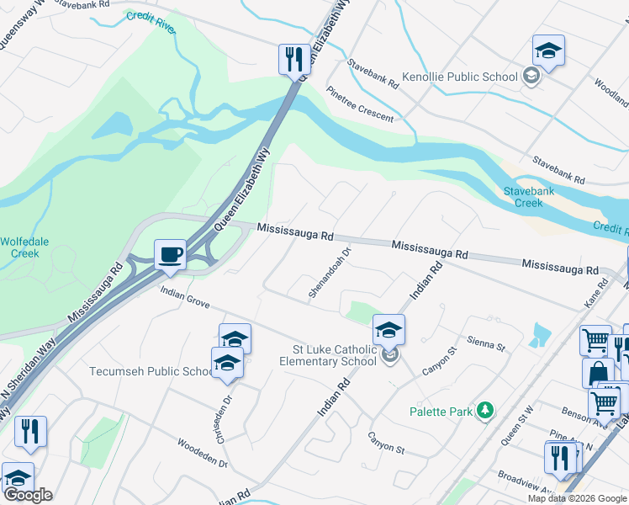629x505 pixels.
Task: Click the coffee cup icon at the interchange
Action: (x=170, y=254)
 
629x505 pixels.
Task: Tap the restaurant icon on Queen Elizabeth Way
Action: (x=293, y=59)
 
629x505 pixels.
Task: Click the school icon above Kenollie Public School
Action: (x=548, y=51)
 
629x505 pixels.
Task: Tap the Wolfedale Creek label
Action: (x=20, y=247)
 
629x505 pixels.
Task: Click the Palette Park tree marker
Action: (x=484, y=411)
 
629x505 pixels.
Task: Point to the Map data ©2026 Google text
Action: (x=577, y=498)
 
